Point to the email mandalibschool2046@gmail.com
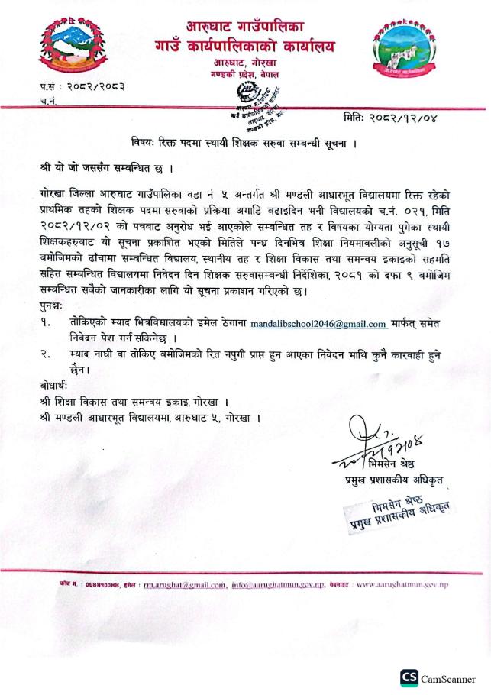[318, 325]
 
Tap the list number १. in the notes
[46, 325]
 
